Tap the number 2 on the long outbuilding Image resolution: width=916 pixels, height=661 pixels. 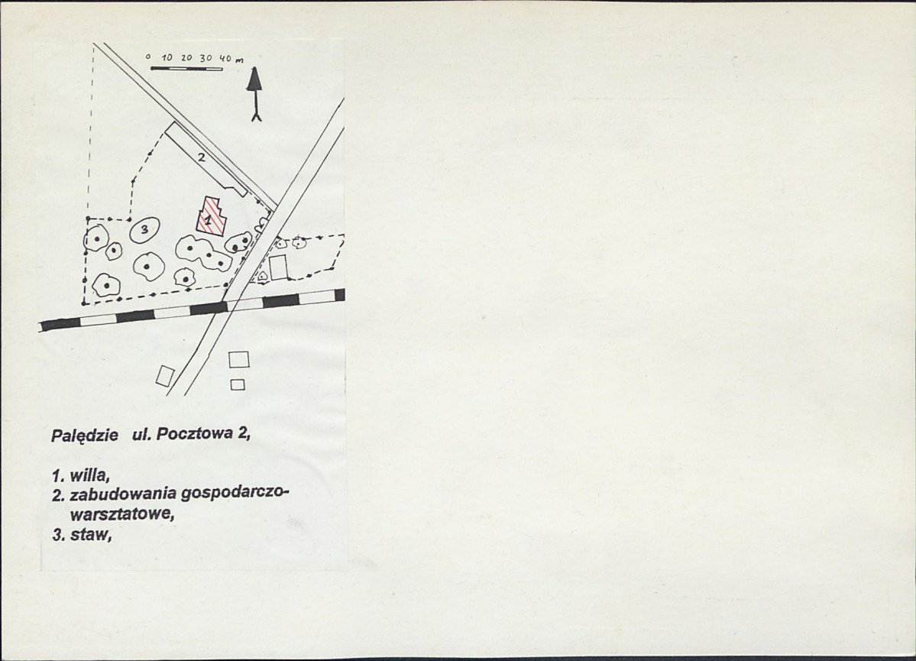click(200, 157)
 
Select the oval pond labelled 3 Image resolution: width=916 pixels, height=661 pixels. click(143, 230)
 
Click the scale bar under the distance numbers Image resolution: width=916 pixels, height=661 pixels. click(186, 68)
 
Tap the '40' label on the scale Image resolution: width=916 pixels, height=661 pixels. click(225, 58)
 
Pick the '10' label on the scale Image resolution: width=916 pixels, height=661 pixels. click(167, 58)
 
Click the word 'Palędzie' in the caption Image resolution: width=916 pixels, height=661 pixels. click(85, 436)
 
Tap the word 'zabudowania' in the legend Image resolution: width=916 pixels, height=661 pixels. click(123, 494)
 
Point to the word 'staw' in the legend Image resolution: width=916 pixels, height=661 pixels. click(91, 536)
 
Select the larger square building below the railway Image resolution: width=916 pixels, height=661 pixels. click(239, 359)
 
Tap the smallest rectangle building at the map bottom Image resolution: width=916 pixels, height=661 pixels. click(237, 384)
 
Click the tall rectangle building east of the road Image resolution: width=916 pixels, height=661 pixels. click(279, 267)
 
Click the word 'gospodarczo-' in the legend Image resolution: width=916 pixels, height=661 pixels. click(235, 495)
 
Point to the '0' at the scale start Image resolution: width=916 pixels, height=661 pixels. click(148, 57)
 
